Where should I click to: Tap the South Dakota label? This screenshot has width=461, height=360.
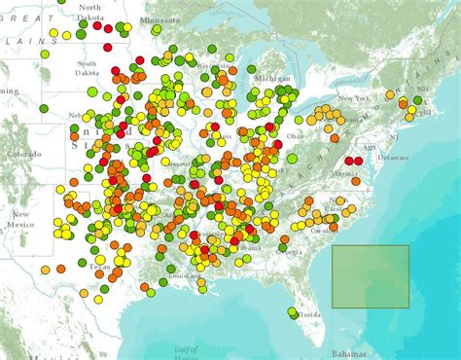pos(89,69)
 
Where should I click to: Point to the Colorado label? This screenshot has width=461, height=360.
pos(24,154)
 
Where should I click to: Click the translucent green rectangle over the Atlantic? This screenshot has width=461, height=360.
pos(371,276)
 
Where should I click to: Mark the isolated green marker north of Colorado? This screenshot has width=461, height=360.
pos(45,108)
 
